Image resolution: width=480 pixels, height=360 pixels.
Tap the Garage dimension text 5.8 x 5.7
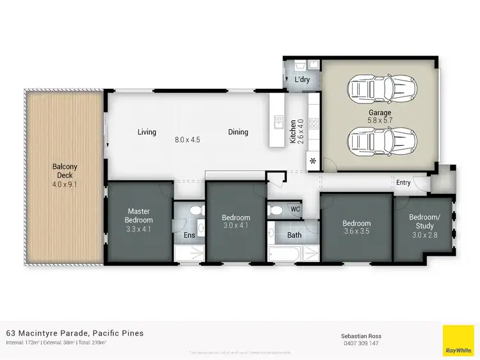coord(380,120)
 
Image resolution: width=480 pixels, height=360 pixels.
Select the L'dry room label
coord(301,80)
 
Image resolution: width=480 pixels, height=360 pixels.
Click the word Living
coord(147,132)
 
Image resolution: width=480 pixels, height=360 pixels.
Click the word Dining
coord(238,132)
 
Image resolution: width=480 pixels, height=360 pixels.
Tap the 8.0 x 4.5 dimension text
coord(187,139)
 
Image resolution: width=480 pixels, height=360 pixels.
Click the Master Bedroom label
coord(139,215)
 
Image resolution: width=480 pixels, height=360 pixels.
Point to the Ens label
coord(189,236)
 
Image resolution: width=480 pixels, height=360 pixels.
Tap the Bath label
coord(294,235)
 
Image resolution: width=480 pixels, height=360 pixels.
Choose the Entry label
coord(403,183)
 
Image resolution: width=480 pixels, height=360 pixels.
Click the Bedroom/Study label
coord(425,221)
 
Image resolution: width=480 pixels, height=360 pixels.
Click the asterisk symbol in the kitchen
coord(314,160)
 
